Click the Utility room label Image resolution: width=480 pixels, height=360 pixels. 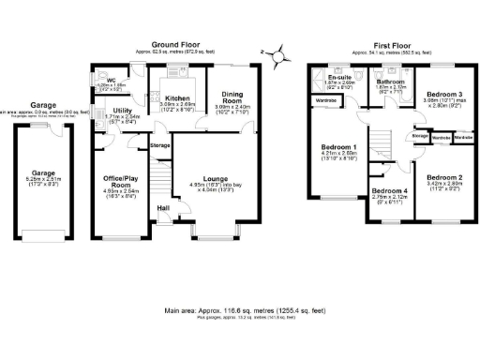pyautogui.click(x=122, y=110)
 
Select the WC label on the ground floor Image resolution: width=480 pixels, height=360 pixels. pyautogui.click(x=111, y=80)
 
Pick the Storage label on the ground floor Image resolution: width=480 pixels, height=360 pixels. pyautogui.click(x=160, y=145)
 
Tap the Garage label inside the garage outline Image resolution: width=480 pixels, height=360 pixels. pyautogui.click(x=43, y=173)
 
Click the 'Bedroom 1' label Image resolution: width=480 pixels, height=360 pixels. pyautogui.click(x=338, y=147)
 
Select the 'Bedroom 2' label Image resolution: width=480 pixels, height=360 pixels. pyautogui.click(x=445, y=176)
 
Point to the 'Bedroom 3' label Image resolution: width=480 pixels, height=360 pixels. pyautogui.click(x=444, y=95)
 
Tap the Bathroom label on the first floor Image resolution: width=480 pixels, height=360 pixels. pyautogui.click(x=390, y=82)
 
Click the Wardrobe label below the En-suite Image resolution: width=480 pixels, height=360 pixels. pyautogui.click(x=326, y=99)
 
